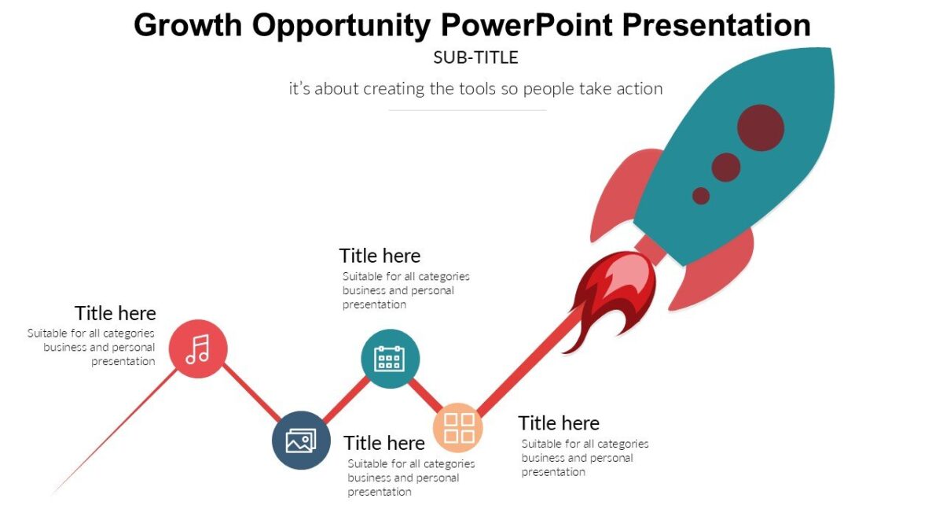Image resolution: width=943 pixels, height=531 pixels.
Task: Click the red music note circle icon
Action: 198,348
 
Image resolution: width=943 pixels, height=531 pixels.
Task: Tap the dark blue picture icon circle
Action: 301,441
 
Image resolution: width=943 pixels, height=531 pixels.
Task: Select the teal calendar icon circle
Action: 390,359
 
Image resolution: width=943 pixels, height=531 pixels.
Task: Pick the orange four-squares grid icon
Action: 458,427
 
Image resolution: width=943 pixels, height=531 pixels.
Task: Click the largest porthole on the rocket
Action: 760,127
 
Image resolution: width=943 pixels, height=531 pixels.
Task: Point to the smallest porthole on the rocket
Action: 701,196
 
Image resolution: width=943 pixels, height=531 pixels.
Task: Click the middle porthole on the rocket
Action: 726,167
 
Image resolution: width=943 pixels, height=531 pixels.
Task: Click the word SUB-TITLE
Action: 475,57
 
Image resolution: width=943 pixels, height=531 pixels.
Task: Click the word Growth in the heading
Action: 188,25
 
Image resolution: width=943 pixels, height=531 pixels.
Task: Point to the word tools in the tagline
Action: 478,88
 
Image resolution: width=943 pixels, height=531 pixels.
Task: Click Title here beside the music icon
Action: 116,313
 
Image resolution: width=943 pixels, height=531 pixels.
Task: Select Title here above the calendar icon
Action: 380,256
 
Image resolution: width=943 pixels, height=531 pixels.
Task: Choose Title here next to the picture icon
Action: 384,443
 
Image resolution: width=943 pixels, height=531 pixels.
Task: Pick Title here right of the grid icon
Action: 559,423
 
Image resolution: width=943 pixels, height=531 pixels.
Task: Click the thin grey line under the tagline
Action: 468,110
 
